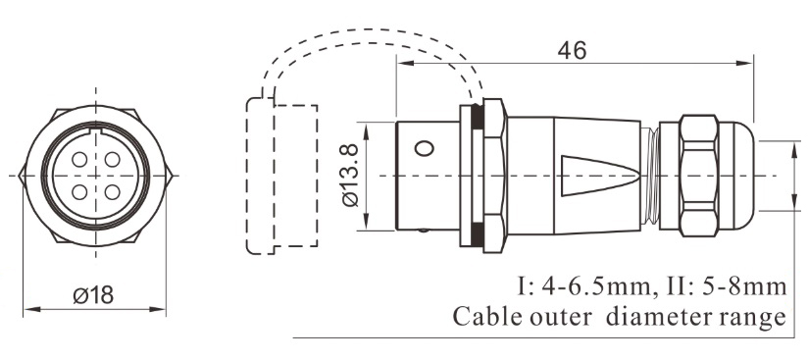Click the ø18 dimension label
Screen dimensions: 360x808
(x=94, y=294)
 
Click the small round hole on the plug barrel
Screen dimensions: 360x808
(x=424, y=149)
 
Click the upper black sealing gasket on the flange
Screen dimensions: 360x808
(x=476, y=116)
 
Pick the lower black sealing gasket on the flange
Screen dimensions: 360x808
(x=476, y=233)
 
